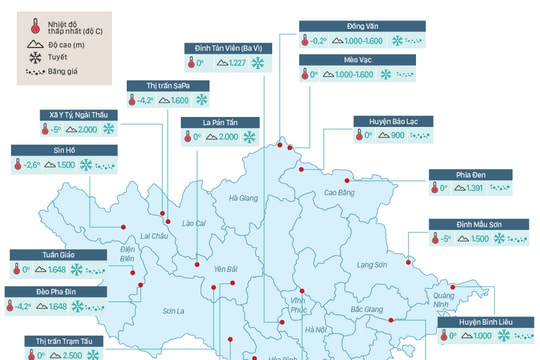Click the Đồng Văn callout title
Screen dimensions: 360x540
click(x=335, y=24)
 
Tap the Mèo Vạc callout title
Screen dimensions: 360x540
click(x=332, y=59)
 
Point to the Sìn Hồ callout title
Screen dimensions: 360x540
click(x=28, y=150)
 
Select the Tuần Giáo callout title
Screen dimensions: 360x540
click(x=33, y=254)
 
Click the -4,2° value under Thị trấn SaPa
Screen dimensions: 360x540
click(x=147, y=101)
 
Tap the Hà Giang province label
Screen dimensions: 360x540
click(x=244, y=198)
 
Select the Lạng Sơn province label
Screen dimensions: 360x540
click(x=373, y=263)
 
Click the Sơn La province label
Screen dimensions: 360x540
click(x=174, y=312)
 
